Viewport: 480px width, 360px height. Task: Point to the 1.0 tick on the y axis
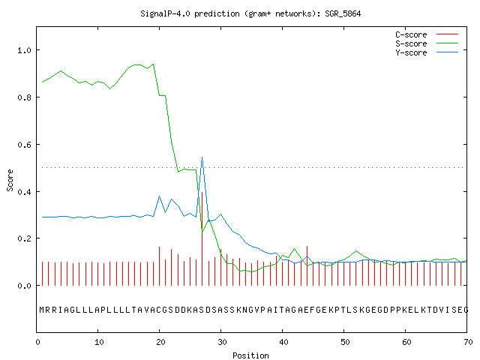24,50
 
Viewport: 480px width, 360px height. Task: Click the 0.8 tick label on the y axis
24,97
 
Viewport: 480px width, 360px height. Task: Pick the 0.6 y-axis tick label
24,145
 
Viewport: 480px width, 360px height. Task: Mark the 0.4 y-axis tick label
24,192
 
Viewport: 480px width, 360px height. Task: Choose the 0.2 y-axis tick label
24,238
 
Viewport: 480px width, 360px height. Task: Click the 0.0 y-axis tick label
24,286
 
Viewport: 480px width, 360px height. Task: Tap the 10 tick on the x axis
99,342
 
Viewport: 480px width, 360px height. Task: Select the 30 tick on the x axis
222,342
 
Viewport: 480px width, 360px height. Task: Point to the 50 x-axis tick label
345,342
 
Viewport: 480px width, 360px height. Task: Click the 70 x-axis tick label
468,342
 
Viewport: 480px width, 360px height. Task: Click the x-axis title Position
250,355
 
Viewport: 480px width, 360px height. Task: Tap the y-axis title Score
10,180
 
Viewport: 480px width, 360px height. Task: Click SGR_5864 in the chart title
343,13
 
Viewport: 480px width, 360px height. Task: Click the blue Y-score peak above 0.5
202,157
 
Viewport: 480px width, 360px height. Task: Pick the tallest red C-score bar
202,238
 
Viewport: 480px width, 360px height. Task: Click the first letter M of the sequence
42,310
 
